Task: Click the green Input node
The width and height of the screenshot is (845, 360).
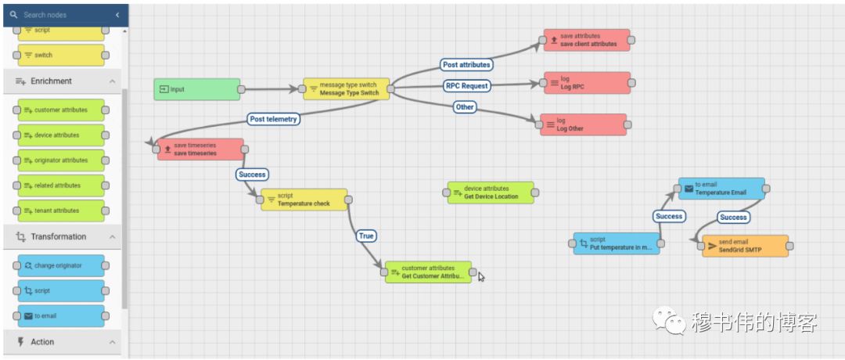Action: coord(196,89)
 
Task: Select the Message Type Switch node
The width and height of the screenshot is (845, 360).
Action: coord(347,89)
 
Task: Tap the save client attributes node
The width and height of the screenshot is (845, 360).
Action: coord(586,41)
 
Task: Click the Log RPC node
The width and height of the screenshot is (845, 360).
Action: coord(587,83)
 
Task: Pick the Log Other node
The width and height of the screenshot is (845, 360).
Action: coord(584,124)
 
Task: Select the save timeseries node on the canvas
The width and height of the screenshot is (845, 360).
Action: coord(200,149)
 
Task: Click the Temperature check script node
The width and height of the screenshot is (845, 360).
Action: coord(304,200)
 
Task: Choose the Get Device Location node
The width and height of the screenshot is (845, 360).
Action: coord(491,193)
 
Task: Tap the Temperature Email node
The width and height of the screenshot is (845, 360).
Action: coord(721,189)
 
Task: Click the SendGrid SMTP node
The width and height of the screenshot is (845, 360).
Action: coord(746,246)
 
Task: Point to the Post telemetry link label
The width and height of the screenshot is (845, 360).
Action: coord(274,119)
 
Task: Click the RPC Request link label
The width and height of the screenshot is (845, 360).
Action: coord(467,85)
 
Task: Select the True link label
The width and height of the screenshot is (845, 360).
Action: coord(365,236)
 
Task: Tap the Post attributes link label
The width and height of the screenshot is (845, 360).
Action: coord(466,65)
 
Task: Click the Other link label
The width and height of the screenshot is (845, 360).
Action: coord(465,106)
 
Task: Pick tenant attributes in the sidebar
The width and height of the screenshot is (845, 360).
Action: coord(61,211)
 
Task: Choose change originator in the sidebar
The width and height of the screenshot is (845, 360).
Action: coord(61,265)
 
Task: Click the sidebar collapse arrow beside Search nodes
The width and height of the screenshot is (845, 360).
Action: coord(117,15)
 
